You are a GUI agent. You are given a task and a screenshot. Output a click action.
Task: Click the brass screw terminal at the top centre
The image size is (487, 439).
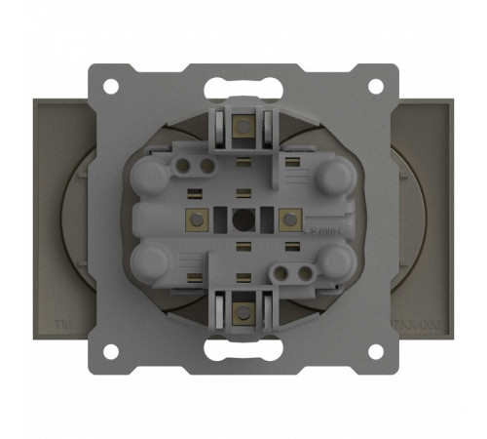click(242, 124)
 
